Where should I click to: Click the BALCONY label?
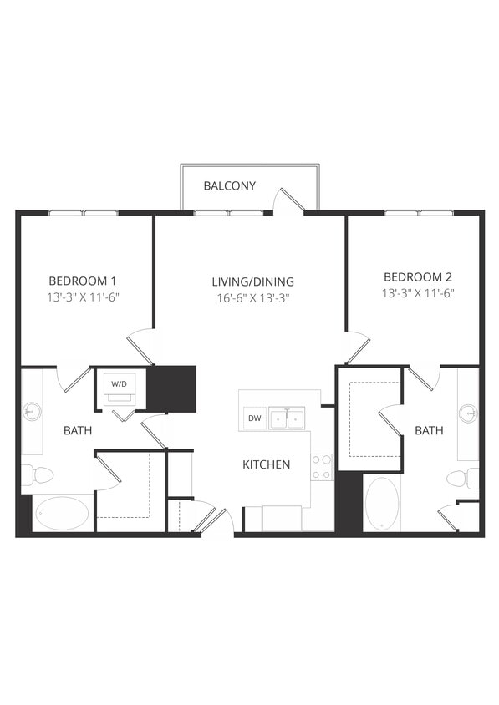[x=230, y=185]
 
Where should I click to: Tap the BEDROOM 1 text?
[x=82, y=281]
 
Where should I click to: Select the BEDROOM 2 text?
[x=417, y=276]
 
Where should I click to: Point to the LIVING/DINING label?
[x=252, y=281]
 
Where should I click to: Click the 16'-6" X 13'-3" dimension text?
[x=252, y=297]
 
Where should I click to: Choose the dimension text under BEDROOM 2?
[x=417, y=293]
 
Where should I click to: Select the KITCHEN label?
[x=266, y=464]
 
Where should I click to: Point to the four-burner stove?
[x=322, y=467]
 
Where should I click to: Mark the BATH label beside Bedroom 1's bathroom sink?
[x=78, y=431]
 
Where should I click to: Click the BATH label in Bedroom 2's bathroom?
[x=429, y=431]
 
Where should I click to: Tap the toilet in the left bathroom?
[x=38, y=475]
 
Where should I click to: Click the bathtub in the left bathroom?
[x=62, y=513]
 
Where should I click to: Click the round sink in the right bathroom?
[x=468, y=413]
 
